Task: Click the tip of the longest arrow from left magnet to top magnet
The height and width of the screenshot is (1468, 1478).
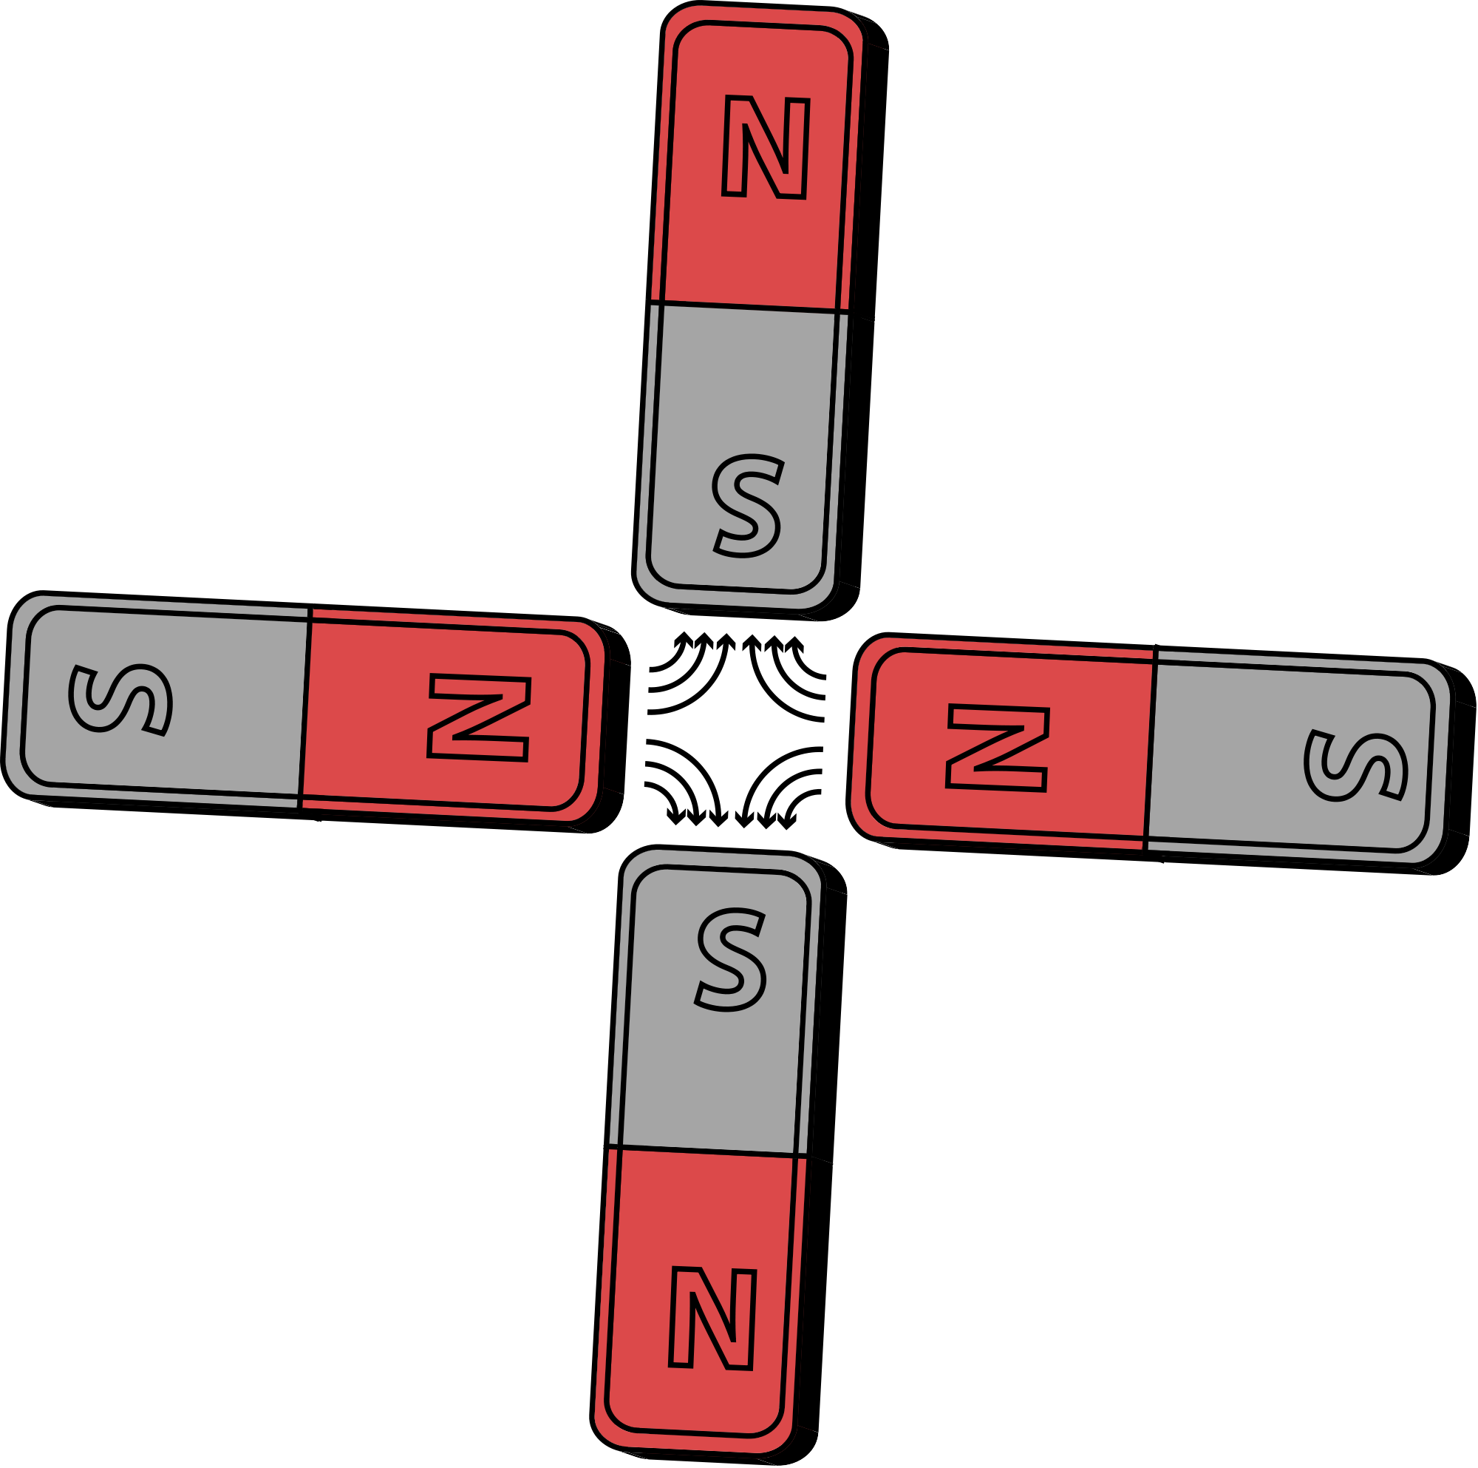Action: tap(726, 635)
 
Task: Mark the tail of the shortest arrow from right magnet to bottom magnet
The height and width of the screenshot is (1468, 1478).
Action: tap(821, 792)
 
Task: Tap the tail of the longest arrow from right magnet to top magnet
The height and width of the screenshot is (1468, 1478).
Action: tap(824, 720)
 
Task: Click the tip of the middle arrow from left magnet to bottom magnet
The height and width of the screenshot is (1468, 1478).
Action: tap(696, 825)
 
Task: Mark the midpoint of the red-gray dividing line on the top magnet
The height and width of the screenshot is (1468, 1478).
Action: tap(748, 307)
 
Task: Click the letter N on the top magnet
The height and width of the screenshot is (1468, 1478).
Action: tap(766, 147)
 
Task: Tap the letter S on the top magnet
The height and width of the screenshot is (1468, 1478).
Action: tap(746, 506)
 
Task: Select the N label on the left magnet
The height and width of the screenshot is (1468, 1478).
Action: tap(479, 717)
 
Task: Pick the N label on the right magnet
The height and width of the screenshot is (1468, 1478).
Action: tap(998, 748)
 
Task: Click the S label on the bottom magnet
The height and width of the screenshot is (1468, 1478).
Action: tap(731, 960)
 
